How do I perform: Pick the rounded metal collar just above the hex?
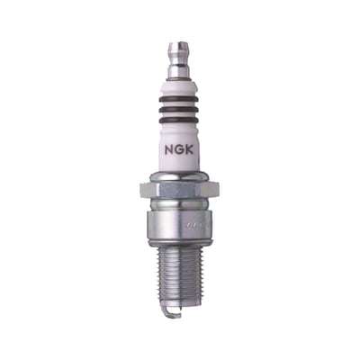click(x=180, y=175)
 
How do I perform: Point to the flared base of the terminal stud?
click(x=179, y=78)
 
